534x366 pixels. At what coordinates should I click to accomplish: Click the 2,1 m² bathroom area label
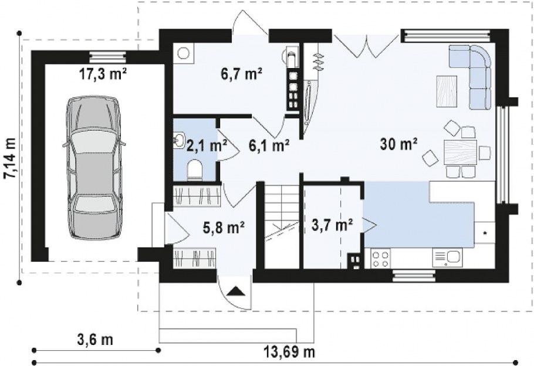click(207, 146)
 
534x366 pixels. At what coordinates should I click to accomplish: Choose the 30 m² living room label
click(399, 144)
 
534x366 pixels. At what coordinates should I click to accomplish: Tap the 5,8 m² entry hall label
click(224, 228)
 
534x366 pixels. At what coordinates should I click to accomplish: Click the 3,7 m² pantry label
click(332, 225)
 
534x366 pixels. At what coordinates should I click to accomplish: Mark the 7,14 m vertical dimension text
click(10, 158)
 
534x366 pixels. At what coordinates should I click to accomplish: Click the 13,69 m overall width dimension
click(290, 352)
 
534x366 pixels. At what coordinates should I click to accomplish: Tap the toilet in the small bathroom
click(195, 169)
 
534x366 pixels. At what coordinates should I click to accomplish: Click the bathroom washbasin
click(178, 140)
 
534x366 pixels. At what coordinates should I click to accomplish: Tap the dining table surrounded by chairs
click(460, 152)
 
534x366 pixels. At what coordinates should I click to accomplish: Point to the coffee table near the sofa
click(447, 91)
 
